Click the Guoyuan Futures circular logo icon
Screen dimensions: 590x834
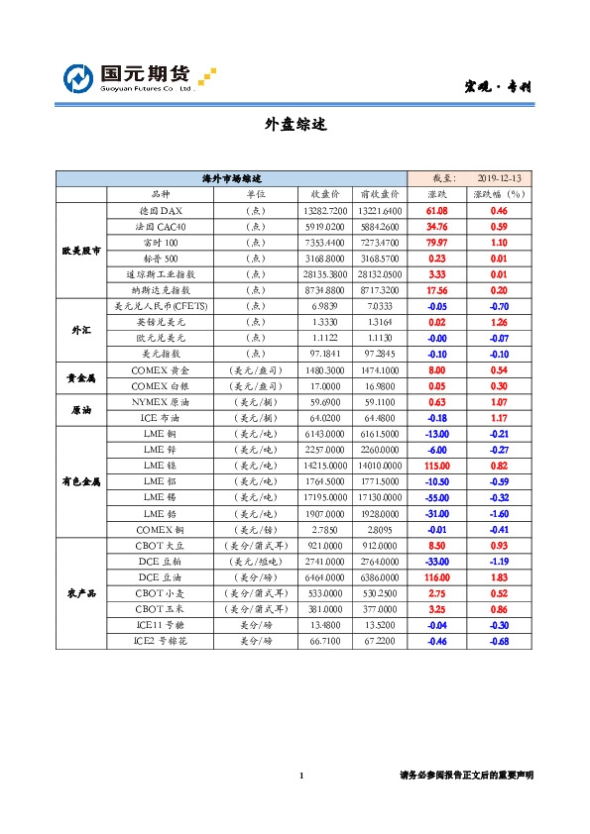tap(79, 79)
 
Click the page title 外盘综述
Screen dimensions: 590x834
tap(295, 125)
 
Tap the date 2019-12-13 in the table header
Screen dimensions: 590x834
tap(499, 178)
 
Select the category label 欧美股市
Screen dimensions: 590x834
tap(80, 250)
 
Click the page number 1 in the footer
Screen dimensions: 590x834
tap(301, 775)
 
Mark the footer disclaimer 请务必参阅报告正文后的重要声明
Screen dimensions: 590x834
tap(466, 775)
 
